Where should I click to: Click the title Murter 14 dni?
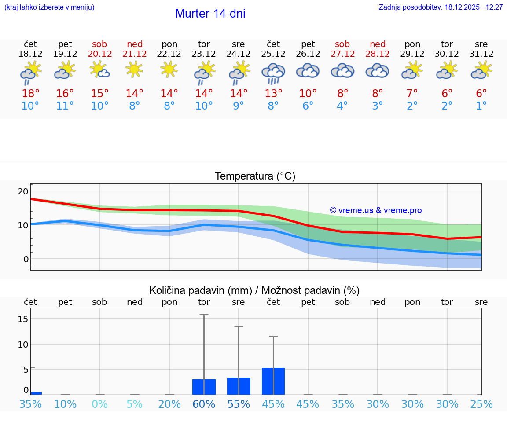pos(210,14)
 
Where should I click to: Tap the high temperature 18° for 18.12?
pos(30,94)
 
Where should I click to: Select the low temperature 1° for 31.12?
pos(481,106)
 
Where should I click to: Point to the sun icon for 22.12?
pos(169,69)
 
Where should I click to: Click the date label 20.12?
pos(100,54)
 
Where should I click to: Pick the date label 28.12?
pos(378,54)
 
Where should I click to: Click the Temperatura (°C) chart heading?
pos(255,176)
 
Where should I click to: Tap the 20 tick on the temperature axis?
pos(23,191)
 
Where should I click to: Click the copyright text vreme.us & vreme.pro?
pos(375,210)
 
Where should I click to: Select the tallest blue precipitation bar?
pos(273,381)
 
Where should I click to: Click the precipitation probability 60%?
pos(204,404)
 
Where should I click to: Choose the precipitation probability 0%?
pos(100,404)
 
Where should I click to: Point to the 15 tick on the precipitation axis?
pos(23,319)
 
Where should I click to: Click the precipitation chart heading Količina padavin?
pos(254,290)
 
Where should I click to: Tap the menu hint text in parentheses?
pos(49,7)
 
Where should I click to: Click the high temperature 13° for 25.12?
pos(273,94)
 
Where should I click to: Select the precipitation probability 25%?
pos(481,404)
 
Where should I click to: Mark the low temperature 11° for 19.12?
pos(65,106)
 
